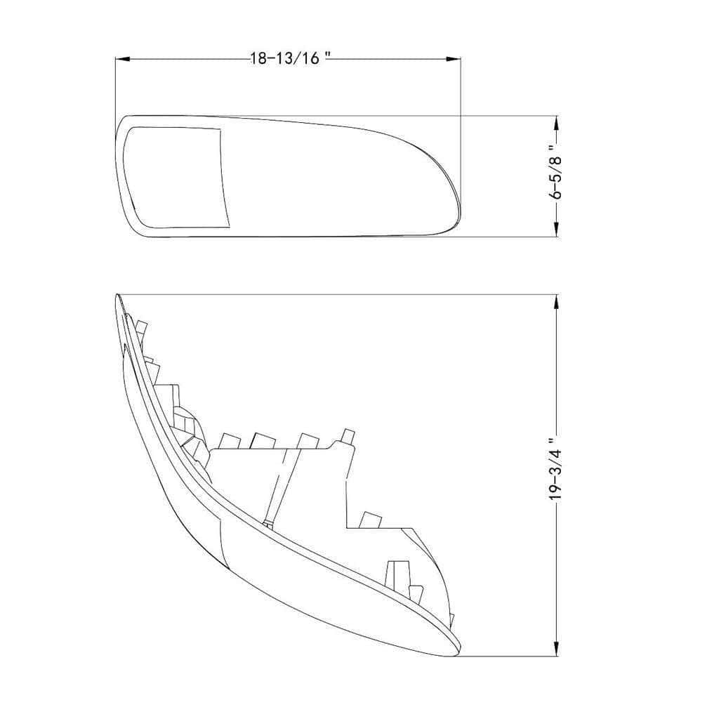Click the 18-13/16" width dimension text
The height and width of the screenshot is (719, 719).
point(291,59)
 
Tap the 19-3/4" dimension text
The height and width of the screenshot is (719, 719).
point(556,474)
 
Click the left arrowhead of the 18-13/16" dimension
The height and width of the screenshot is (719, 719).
point(122,59)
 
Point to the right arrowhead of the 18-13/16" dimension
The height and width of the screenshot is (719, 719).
point(453,59)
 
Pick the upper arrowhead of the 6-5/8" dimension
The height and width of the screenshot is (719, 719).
point(557,123)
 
